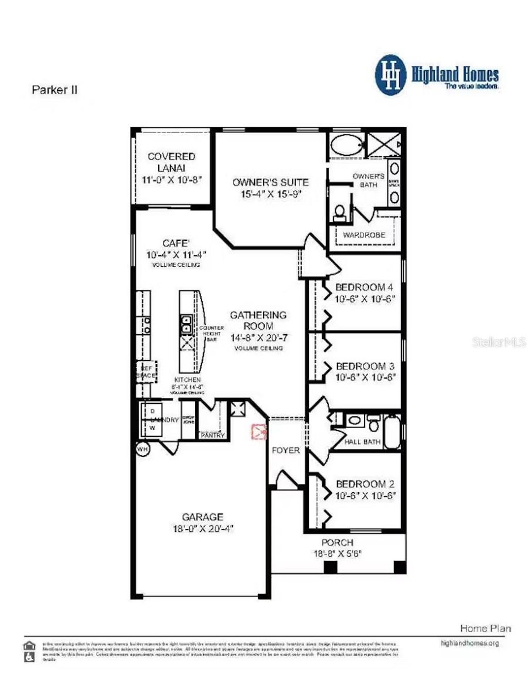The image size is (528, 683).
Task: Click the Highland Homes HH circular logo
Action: pyautogui.click(x=391, y=75)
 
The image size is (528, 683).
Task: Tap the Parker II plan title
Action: pyautogui.click(x=55, y=90)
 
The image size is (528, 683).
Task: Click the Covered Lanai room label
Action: pyautogui.click(x=171, y=162)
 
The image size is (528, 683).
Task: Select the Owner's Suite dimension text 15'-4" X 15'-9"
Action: pyautogui.click(x=271, y=194)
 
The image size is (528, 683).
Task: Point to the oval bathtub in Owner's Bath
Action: pyautogui.click(x=346, y=144)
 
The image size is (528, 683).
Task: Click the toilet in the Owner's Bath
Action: pyautogui.click(x=340, y=212)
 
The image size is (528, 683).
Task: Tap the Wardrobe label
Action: pyautogui.click(x=364, y=235)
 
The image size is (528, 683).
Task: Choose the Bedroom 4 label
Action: pyautogui.click(x=364, y=287)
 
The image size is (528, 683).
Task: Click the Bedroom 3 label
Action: pyautogui.click(x=365, y=366)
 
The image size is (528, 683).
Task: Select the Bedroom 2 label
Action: pyautogui.click(x=365, y=484)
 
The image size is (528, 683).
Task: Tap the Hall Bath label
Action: pyautogui.click(x=362, y=442)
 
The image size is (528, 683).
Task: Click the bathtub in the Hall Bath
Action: pyautogui.click(x=392, y=431)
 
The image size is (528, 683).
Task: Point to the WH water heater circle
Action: pyautogui.click(x=142, y=449)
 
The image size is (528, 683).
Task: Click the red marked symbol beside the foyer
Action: pyautogui.click(x=258, y=431)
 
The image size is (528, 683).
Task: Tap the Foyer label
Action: pyautogui.click(x=286, y=450)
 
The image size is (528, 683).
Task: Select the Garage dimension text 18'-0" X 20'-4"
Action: pyautogui.click(x=203, y=529)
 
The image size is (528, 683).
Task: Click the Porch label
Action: pyautogui.click(x=337, y=543)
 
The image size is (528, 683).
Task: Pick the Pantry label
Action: pyautogui.click(x=212, y=435)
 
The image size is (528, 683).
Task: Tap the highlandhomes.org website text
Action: pyautogui.click(x=469, y=643)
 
